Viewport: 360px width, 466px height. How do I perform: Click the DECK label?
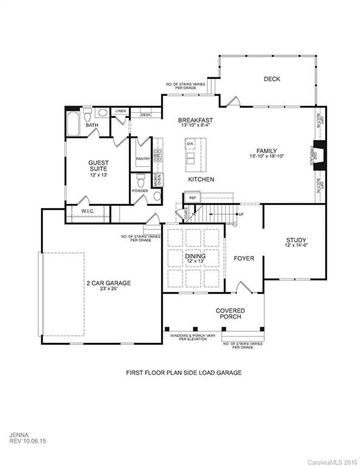[271, 78]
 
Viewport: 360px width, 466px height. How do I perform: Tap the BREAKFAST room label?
[195, 121]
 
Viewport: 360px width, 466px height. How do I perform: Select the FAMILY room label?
[267, 151]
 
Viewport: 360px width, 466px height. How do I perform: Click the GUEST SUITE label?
[98, 166]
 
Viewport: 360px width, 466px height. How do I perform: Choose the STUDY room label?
[296, 240]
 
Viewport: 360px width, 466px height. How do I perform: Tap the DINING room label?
[195, 257]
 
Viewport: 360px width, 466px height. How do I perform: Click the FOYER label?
[243, 258]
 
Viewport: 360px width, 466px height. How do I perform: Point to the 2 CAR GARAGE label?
[107, 283]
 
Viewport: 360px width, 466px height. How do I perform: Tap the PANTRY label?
[143, 159]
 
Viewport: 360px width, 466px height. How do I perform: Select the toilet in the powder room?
[141, 180]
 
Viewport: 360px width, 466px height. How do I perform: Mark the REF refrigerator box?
[193, 198]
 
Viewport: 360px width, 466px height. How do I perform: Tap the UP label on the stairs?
[241, 214]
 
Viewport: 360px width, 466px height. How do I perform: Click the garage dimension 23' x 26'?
[107, 290]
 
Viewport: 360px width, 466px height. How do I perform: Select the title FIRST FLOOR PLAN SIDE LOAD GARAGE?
[183, 372]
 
